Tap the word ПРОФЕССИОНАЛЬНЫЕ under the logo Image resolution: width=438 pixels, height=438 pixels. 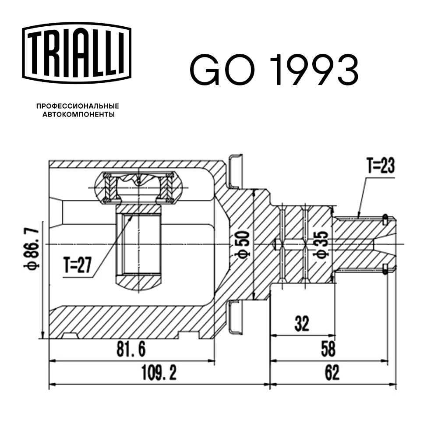[x=78, y=106]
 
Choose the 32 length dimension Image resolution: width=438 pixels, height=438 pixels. [x=301, y=324]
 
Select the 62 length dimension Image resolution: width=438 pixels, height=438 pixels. [x=332, y=373]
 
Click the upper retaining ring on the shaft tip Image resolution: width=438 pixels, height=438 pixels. [x=385, y=218]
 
